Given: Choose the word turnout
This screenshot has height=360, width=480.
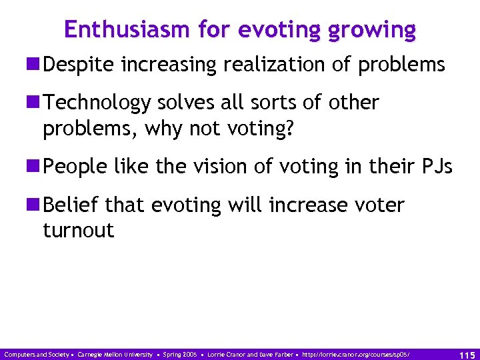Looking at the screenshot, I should point(78,231).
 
